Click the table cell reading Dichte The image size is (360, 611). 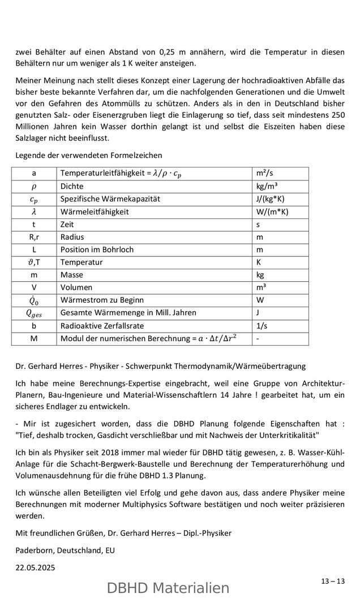72,186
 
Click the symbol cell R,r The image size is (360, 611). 33,237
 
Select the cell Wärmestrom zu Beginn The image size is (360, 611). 102,300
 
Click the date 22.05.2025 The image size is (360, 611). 36,567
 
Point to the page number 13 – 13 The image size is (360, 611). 333,581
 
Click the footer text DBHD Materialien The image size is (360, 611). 168,588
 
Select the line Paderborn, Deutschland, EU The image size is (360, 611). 65,550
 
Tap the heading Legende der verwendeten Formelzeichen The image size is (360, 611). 89,155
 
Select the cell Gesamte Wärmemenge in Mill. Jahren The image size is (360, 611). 128,313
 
